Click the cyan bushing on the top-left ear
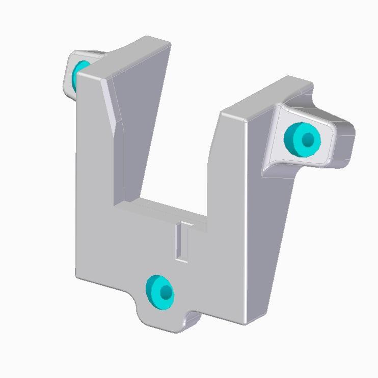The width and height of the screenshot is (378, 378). [x=80, y=72]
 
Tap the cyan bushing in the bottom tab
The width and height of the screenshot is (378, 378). [x=159, y=293]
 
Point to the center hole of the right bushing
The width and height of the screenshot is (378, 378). [x=308, y=139]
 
